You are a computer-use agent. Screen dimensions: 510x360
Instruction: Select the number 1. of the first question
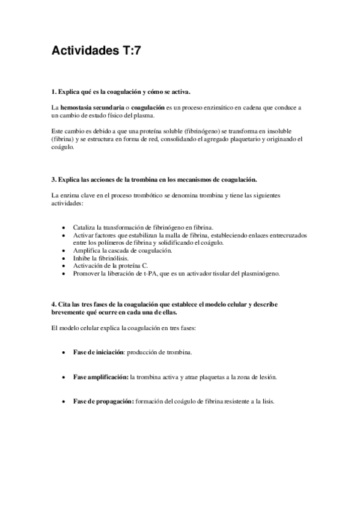click(x=53, y=92)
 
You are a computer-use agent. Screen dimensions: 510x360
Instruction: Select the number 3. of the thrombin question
click(x=53, y=179)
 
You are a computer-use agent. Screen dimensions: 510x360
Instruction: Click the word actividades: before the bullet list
click(x=67, y=204)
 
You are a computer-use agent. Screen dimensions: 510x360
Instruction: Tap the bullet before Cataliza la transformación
click(x=64, y=228)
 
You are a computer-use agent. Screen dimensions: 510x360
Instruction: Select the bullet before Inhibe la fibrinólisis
click(x=64, y=257)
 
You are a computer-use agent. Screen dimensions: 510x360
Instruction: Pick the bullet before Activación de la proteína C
click(x=64, y=265)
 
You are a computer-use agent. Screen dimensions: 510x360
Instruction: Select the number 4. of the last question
click(x=53, y=306)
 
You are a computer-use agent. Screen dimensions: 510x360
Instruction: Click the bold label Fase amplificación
click(x=100, y=376)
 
